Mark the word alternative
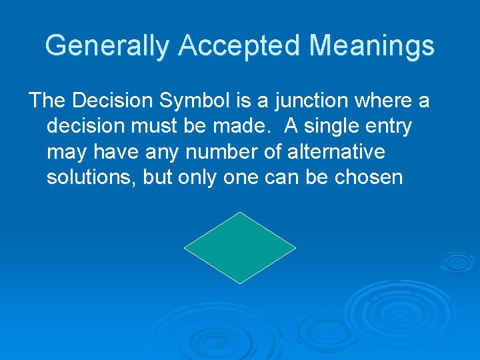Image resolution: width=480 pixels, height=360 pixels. click(x=337, y=152)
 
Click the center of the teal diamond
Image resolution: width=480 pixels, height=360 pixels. click(x=240, y=248)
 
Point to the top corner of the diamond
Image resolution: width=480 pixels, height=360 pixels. click(x=240, y=213)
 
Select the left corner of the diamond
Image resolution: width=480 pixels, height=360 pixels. click(x=185, y=248)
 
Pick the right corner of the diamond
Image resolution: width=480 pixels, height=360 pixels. click(x=295, y=248)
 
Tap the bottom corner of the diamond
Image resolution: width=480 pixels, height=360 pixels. click(x=240, y=283)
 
